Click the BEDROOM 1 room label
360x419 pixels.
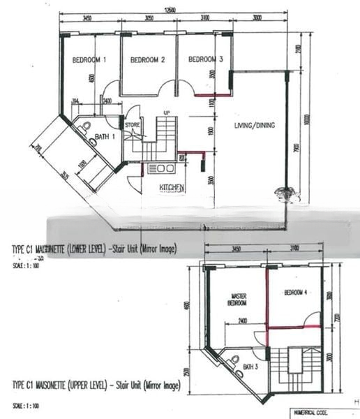pyautogui.click(x=89, y=60)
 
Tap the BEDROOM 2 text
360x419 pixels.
pyautogui.click(x=147, y=60)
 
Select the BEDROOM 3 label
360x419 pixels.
pyautogui.click(x=205, y=60)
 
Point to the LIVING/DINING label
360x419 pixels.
pyautogui.click(x=255, y=126)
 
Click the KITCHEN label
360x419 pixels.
pyautogui.click(x=172, y=187)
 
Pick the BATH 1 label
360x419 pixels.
pyautogui.click(x=105, y=137)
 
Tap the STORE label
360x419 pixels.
pyautogui.click(x=133, y=125)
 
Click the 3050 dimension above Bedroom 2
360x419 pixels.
pyautogui.click(x=149, y=18)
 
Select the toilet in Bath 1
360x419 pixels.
pyautogui.click(x=84, y=127)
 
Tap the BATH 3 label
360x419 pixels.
pyautogui.click(x=248, y=365)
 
